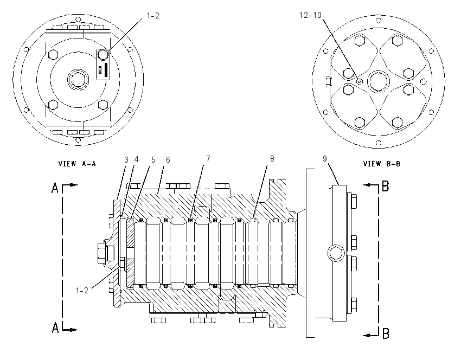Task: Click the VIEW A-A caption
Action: click(77, 164)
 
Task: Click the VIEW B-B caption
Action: click(382, 164)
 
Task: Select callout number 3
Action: click(126, 160)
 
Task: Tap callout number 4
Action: click(136, 159)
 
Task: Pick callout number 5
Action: click(153, 160)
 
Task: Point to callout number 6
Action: click(168, 160)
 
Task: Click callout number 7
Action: click(208, 159)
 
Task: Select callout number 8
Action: click(272, 159)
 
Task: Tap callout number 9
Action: click(324, 159)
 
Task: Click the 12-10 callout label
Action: click(310, 15)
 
